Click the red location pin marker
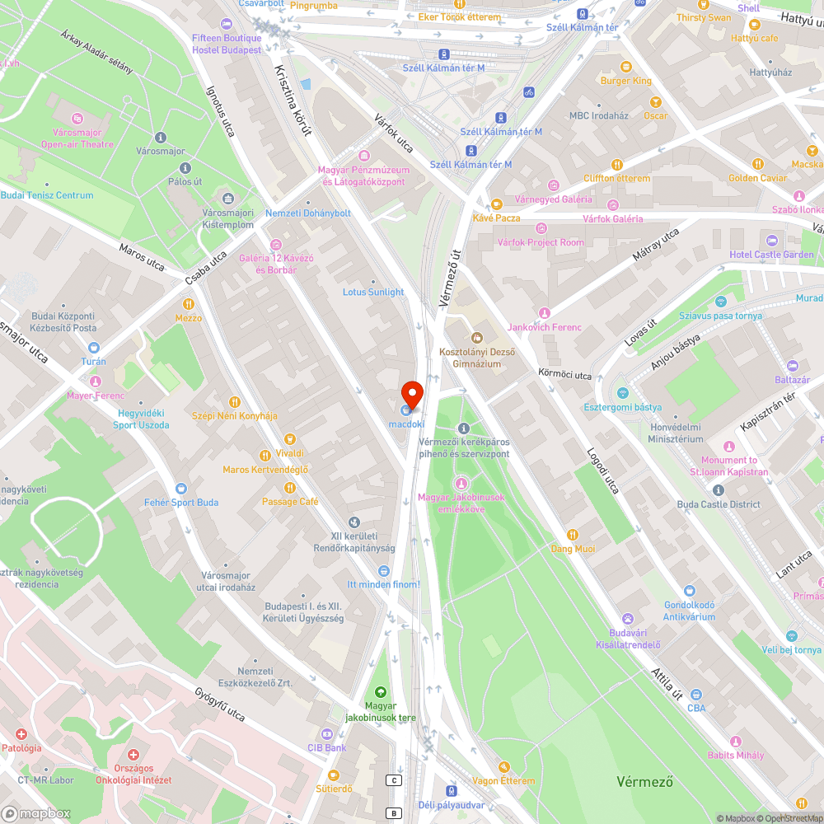click(412, 393)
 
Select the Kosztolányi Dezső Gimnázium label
click(476, 358)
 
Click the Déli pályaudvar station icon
click(451, 790)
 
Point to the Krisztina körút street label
click(293, 100)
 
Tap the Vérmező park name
click(645, 781)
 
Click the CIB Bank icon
click(327, 733)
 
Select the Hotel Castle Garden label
click(771, 255)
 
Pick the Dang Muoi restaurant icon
click(574, 535)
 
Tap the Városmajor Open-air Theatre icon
click(78, 119)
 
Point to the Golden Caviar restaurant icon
click(757, 163)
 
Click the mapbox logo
click(35, 813)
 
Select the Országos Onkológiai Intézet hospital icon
click(133, 755)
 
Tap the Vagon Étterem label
click(503, 780)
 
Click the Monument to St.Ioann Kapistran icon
click(729, 446)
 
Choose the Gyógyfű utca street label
click(220, 705)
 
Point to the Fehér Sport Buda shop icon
click(181, 488)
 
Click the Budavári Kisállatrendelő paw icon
click(629, 618)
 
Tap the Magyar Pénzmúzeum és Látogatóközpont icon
click(363, 155)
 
